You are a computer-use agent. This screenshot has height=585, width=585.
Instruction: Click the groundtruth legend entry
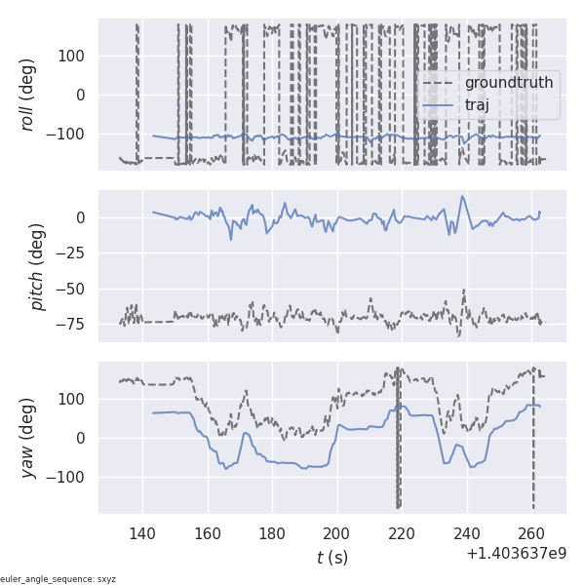(508, 83)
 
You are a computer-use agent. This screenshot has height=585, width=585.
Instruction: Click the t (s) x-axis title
(331, 558)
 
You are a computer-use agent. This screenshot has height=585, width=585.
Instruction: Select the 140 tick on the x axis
(142, 534)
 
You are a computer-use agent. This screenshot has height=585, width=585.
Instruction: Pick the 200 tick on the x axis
(337, 534)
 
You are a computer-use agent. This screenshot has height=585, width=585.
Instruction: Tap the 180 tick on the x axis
(272, 534)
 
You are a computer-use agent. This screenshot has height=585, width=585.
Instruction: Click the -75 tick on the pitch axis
(72, 323)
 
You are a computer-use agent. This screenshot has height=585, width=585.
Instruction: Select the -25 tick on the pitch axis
(72, 253)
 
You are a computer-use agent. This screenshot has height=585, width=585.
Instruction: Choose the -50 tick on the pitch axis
(72, 289)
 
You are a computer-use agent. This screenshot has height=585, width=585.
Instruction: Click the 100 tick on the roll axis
(74, 56)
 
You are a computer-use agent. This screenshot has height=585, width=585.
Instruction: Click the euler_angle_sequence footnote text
(58, 579)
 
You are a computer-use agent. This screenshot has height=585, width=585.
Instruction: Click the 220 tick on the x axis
(402, 534)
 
